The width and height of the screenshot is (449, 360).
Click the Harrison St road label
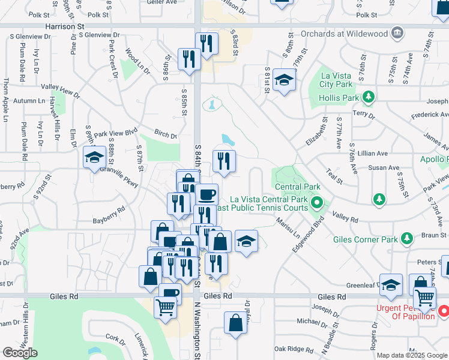tap(63, 27)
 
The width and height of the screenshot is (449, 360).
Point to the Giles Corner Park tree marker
tap(407, 239)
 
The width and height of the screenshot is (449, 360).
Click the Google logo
tap(20, 353)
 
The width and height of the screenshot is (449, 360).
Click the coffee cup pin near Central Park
tap(206, 194)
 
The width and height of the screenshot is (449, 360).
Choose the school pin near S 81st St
tap(283, 79)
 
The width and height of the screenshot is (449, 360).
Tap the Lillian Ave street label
tap(372, 154)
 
